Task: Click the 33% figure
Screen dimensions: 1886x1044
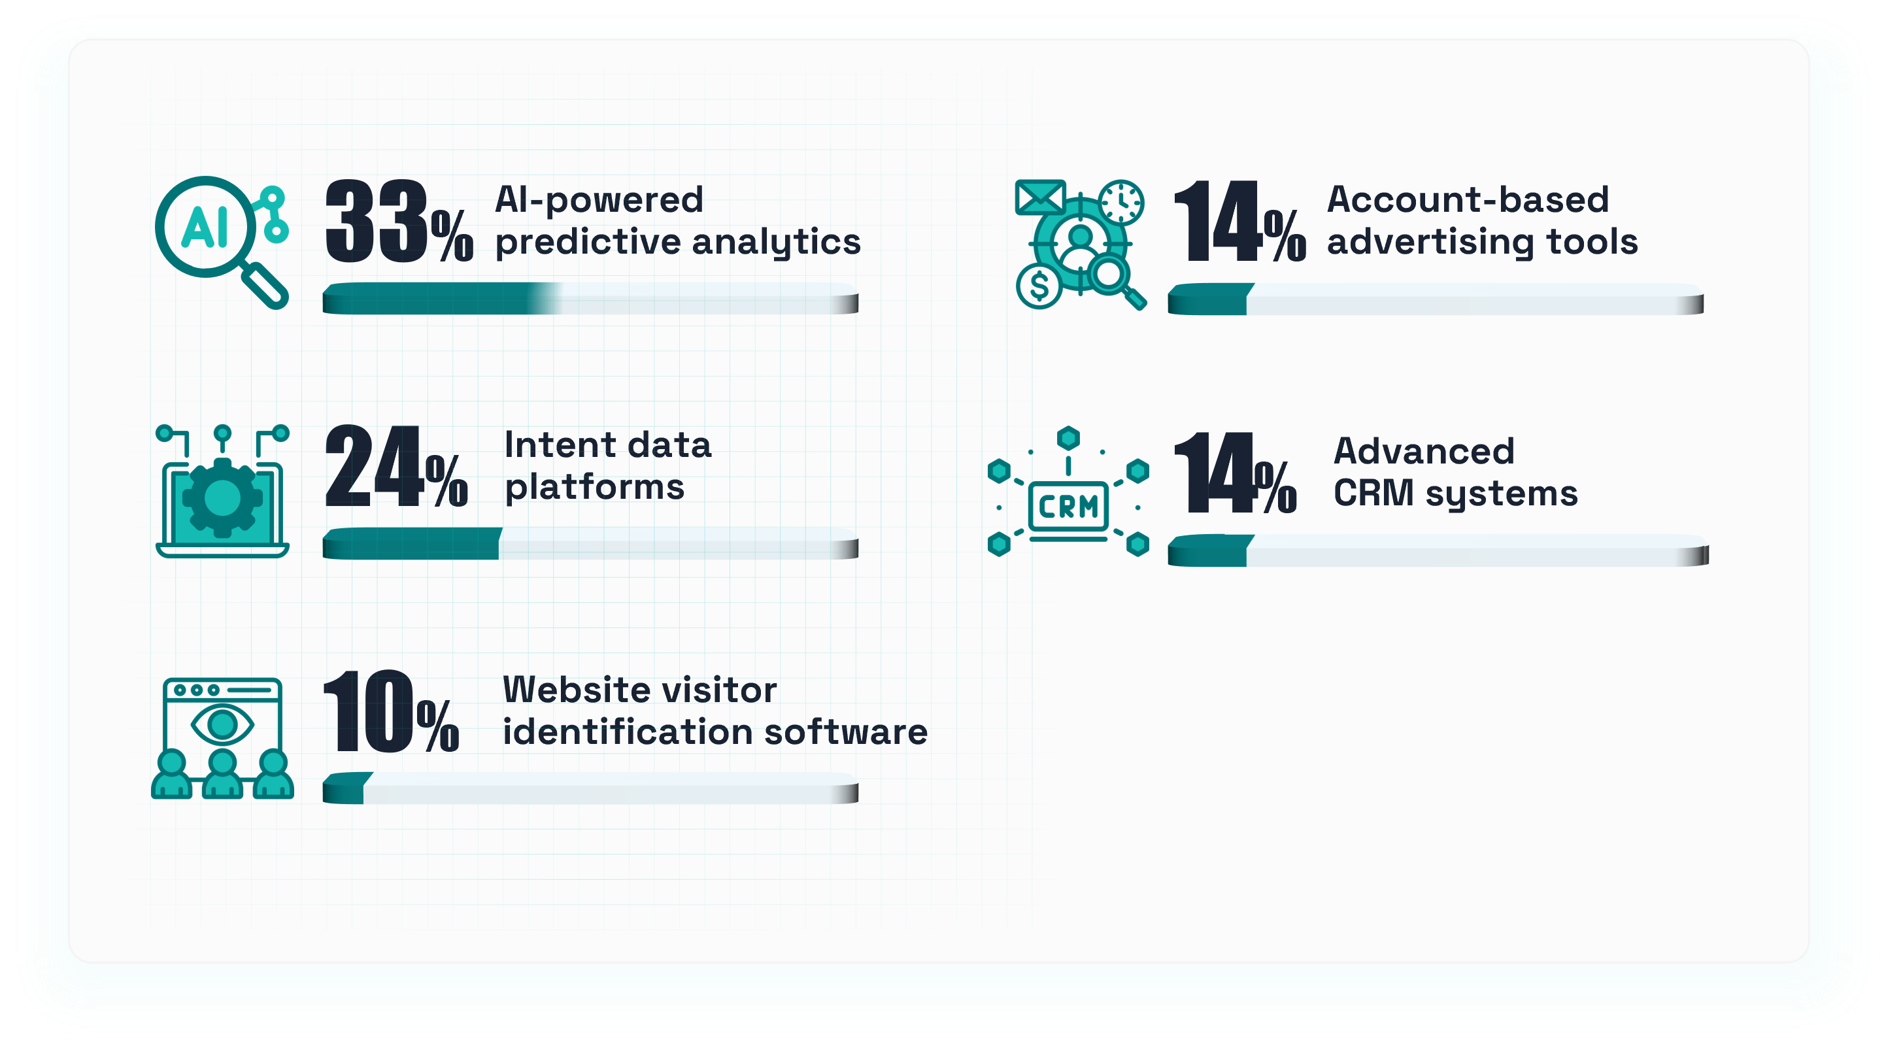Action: point(399,221)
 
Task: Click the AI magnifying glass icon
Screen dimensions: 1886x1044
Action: point(222,243)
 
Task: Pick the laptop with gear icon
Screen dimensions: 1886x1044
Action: point(222,491)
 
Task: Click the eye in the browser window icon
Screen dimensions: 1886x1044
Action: point(222,725)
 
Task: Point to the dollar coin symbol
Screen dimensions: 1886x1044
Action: point(1039,286)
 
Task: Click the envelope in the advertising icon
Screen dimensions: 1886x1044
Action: point(1040,197)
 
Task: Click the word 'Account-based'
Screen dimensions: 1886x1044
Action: point(1468,199)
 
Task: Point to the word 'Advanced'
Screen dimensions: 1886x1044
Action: point(1424,451)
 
